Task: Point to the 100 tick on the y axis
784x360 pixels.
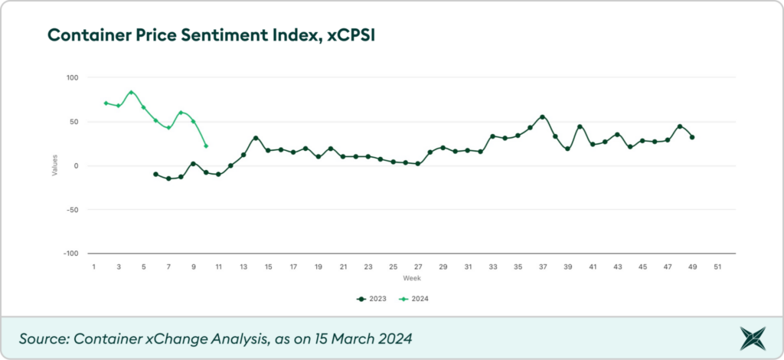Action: [x=73, y=78]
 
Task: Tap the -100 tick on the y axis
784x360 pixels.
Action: [x=70, y=254]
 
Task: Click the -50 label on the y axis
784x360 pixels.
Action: [x=73, y=210]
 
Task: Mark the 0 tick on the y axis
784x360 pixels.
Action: [x=77, y=166]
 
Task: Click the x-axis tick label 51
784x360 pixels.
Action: [x=717, y=267]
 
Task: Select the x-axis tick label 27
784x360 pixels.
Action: [x=418, y=267]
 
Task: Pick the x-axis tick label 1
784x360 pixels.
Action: [x=93, y=267]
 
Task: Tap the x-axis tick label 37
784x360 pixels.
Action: [x=543, y=267]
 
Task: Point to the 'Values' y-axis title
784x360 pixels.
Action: [x=54, y=166]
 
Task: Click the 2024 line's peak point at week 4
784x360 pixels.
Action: [x=131, y=93]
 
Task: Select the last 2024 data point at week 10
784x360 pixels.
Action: [x=206, y=146]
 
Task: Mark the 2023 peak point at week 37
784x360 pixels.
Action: [x=542, y=117]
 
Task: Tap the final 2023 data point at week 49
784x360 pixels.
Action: [x=692, y=137]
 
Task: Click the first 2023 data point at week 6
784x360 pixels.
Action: [x=156, y=175]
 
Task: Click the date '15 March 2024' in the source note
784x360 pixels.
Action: [x=358, y=338]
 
